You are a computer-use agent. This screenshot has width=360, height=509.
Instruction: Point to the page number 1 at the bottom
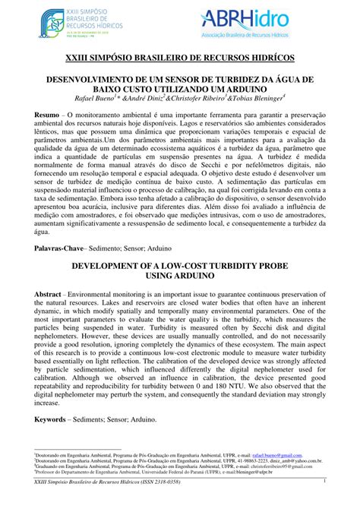pos(324,481)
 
